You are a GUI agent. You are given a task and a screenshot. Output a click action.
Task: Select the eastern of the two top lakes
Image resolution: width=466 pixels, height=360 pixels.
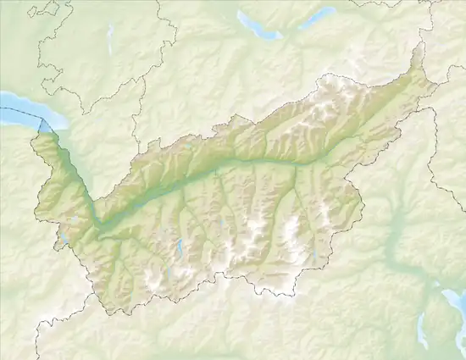(x=318, y=17)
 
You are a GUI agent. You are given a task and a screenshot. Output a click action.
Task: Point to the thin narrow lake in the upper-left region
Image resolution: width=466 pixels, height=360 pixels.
(x=110, y=38)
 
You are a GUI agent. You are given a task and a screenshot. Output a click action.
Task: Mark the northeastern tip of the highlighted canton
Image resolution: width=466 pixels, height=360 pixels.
(x=416, y=47)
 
